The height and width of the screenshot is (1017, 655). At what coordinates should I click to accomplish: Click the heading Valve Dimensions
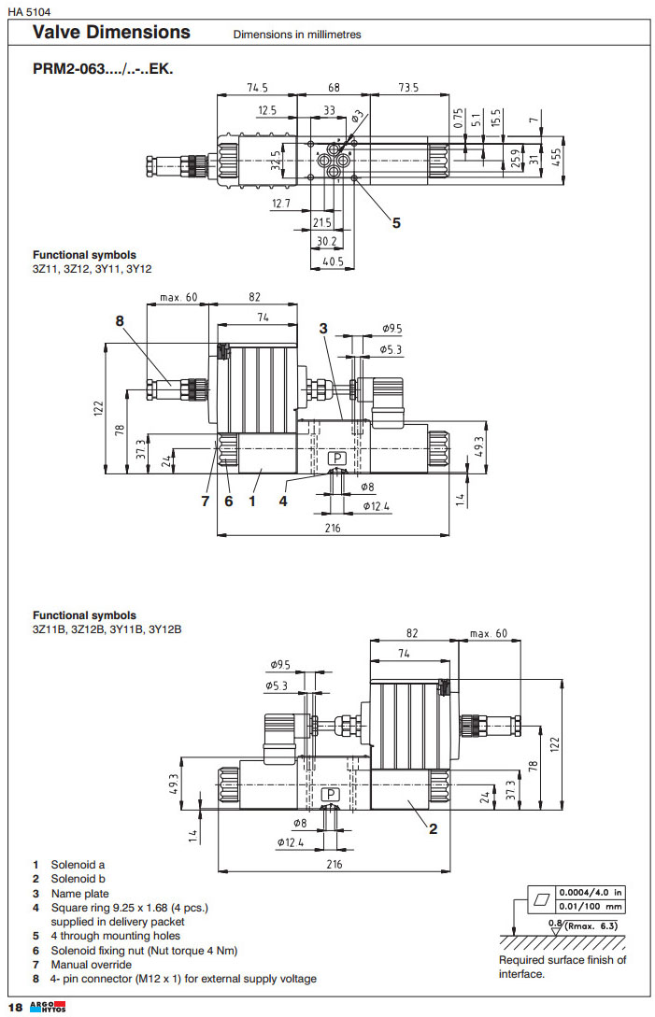(111, 33)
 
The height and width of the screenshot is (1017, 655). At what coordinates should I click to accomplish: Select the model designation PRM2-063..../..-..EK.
(103, 69)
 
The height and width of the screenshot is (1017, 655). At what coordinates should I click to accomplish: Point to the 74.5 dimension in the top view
(257, 88)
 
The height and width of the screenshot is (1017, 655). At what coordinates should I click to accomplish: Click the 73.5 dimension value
(407, 88)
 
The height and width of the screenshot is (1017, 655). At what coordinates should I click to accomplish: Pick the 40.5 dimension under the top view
(330, 261)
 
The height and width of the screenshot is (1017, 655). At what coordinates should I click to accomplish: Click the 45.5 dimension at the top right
(555, 154)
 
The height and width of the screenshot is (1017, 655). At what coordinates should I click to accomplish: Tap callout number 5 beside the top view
(396, 222)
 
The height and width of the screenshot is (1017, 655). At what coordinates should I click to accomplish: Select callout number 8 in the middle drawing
(120, 320)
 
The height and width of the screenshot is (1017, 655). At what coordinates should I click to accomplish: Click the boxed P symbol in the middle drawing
(337, 459)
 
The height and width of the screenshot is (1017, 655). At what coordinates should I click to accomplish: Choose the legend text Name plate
(79, 894)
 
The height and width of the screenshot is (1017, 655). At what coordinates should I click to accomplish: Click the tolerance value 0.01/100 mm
(591, 906)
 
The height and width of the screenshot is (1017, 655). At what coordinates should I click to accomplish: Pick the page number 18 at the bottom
(15, 1007)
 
